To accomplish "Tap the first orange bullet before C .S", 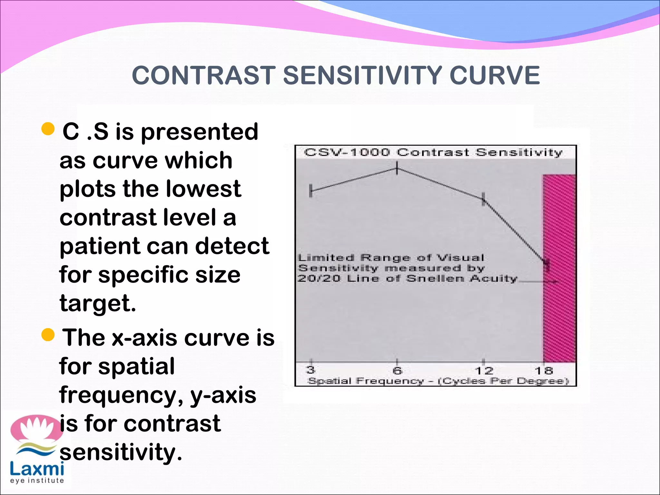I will [x=48, y=129].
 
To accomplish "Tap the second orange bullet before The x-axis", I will [x=48, y=335].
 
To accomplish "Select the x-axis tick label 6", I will [x=397, y=371].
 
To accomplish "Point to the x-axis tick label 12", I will [x=484, y=371].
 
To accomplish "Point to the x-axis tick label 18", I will [x=544, y=371].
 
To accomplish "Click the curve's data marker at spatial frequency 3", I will [x=311, y=191].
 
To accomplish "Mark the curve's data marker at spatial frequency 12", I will [x=483, y=199].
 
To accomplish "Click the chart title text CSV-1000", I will [x=347, y=152].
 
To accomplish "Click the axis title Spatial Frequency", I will [x=366, y=381].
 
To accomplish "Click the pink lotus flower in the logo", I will [x=36, y=428].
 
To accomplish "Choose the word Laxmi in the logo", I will [x=37, y=469].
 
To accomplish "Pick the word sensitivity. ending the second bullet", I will [x=121, y=452].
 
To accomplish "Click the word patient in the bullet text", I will [x=100, y=247].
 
